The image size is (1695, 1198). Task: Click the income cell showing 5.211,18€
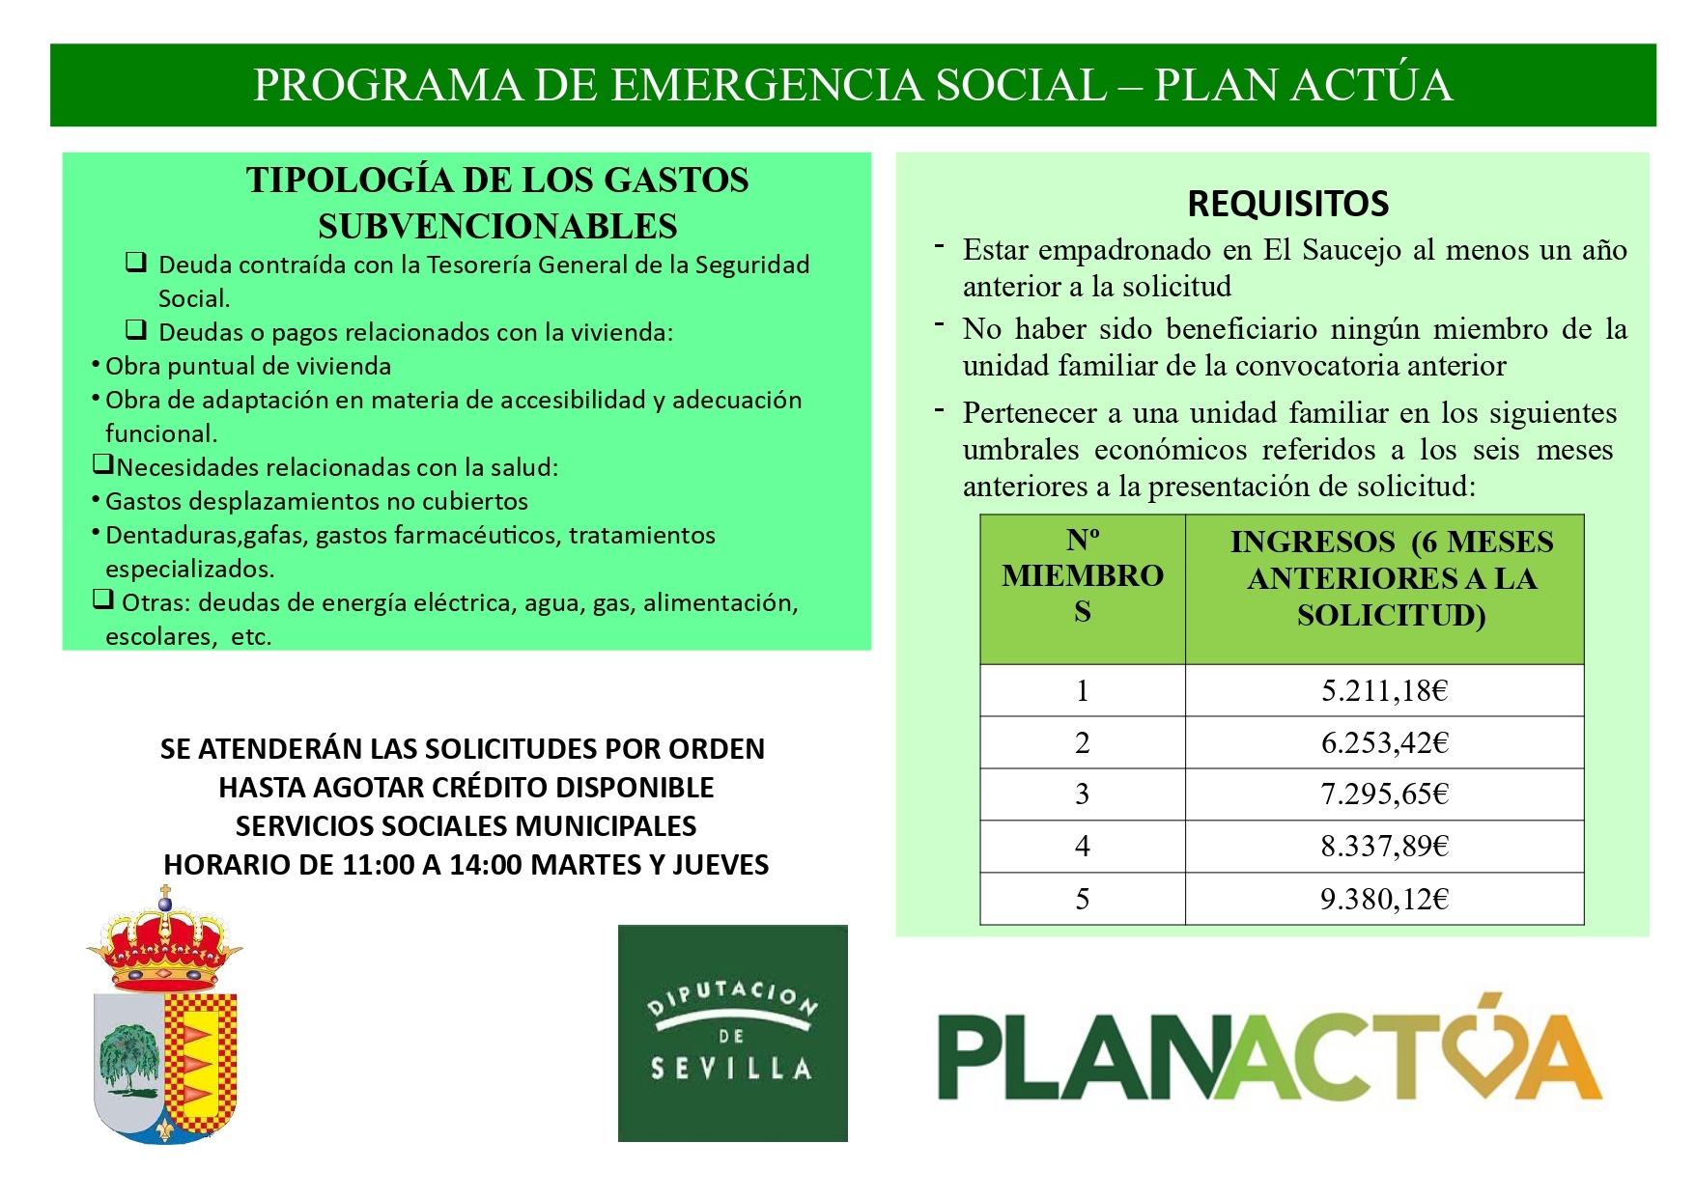1384,691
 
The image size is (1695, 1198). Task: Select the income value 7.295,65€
1384,794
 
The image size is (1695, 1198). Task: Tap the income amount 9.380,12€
1384,900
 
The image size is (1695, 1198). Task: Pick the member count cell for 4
1082,847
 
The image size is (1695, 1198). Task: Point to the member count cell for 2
1082,743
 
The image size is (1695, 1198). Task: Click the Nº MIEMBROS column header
1082,576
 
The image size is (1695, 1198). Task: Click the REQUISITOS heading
1287,204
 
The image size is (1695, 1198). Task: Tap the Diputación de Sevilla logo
732,1033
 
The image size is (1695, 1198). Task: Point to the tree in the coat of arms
128,1057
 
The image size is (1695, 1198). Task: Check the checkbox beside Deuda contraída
136,262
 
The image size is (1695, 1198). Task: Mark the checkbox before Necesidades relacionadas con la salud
103,464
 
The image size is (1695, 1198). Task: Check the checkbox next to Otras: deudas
103,599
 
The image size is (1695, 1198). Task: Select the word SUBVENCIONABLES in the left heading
497,226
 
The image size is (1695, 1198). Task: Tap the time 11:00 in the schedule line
378,864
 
